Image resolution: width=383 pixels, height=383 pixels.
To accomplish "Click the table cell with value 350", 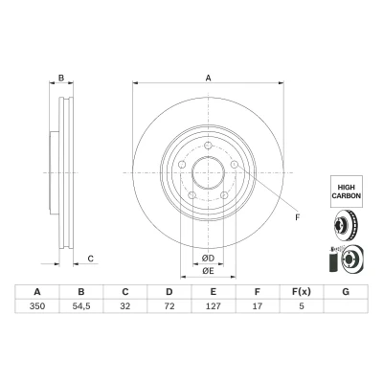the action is pyautogui.click(x=37, y=306).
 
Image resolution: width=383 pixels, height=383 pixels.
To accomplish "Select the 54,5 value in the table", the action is pyautogui.click(x=81, y=306).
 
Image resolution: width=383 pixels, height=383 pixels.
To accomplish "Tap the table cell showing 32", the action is pyautogui.click(x=125, y=306).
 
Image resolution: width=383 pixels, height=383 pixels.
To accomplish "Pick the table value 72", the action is pyautogui.click(x=169, y=306).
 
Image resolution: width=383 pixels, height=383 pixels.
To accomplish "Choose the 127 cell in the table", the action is pyautogui.click(x=214, y=306).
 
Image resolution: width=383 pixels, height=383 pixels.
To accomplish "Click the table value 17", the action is pyautogui.click(x=258, y=306).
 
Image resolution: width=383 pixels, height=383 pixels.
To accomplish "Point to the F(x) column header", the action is pyautogui.click(x=302, y=292).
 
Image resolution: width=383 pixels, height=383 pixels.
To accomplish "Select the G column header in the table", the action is pyautogui.click(x=346, y=292).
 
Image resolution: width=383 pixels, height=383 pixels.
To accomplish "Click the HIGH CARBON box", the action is pyautogui.click(x=347, y=191).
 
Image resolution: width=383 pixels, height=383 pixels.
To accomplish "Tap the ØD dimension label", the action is pyautogui.click(x=208, y=259).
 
